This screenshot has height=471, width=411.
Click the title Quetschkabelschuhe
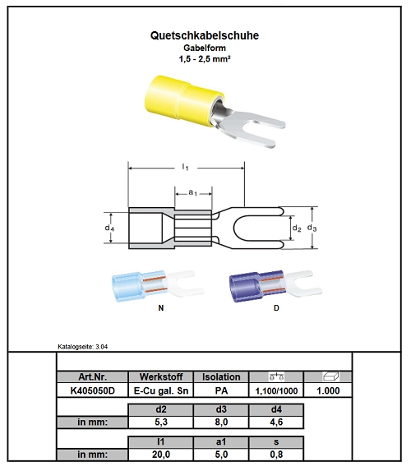coord(205,35)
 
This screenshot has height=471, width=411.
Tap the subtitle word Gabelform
coord(205,48)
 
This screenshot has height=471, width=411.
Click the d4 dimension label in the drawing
coord(109,228)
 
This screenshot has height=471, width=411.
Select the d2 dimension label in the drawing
coord(297,229)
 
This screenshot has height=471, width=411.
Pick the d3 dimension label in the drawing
coord(312,228)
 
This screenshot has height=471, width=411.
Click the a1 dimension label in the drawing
coord(193,192)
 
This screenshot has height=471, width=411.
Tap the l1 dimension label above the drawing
coord(186,167)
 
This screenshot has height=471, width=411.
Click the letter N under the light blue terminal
coord(161,308)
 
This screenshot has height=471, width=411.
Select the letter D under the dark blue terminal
coord(276,308)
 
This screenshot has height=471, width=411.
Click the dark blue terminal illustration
coord(275,286)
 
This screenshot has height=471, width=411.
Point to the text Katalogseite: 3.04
coord(83,347)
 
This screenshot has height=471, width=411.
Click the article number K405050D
coord(93,390)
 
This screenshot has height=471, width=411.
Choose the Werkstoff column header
coord(161,376)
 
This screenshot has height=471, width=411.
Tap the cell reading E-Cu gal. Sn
coord(161,390)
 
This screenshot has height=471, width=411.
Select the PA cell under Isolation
coord(221,390)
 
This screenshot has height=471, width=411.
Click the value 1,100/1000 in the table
coord(276,390)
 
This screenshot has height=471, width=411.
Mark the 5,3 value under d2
coord(161,422)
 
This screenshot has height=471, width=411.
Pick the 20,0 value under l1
coord(161,455)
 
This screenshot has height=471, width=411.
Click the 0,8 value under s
coord(276,455)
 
